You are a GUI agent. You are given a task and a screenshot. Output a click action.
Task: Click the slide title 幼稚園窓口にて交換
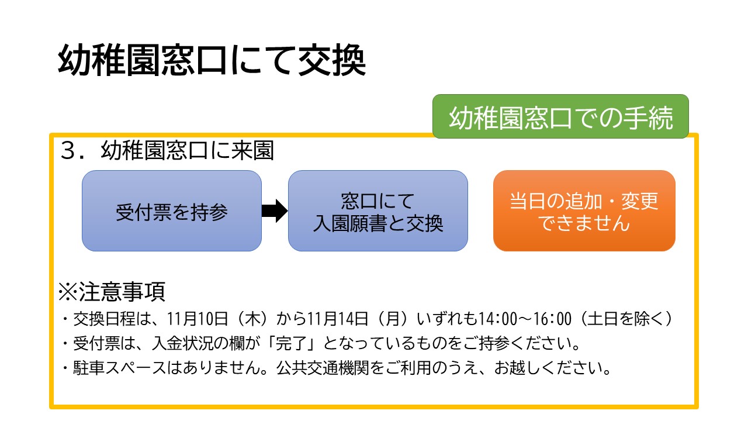click(x=212, y=60)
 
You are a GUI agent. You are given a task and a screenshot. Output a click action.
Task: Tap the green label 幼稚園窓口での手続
click(x=560, y=116)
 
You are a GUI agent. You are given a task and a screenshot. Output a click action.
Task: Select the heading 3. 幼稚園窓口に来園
click(x=167, y=150)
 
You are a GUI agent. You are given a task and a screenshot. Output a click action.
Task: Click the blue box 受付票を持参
click(x=172, y=211)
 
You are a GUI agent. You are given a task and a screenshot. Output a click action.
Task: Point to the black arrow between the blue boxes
click(x=275, y=211)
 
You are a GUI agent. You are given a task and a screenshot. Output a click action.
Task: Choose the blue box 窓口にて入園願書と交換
click(x=378, y=211)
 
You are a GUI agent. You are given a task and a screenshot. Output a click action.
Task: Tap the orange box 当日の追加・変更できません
click(x=584, y=211)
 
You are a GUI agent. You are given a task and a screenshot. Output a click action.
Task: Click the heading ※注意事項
click(x=112, y=292)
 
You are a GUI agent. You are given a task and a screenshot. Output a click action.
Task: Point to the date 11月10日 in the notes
click(x=197, y=319)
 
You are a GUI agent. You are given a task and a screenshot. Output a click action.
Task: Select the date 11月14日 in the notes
click(x=338, y=319)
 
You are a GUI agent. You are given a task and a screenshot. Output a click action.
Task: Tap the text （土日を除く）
click(x=626, y=319)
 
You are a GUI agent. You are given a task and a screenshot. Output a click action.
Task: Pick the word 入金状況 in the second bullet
click(x=182, y=343)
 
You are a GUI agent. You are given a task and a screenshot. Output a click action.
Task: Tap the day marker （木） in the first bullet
click(x=252, y=319)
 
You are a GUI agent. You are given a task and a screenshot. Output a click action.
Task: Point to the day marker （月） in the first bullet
click(x=393, y=319)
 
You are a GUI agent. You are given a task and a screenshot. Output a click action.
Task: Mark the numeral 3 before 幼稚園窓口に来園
click(x=68, y=151)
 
